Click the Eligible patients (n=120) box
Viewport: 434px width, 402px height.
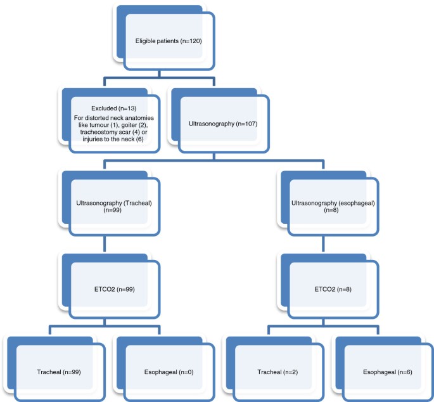pyautogui.click(x=169, y=41)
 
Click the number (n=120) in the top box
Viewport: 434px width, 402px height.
pyautogui.click(x=190, y=41)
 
